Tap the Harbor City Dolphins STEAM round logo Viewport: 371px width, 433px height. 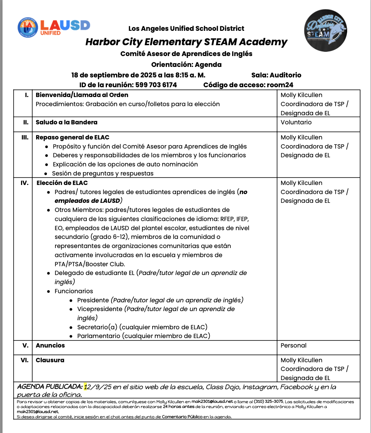point(325,30)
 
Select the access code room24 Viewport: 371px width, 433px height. point(280,85)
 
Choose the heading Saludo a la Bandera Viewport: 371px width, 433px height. point(67,122)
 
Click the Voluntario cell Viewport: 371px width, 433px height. point(296,122)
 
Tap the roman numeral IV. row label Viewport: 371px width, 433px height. point(25,183)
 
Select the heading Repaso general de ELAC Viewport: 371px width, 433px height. point(73,137)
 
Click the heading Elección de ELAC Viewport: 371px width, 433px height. point(62,183)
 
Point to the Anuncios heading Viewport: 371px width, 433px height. point(50,345)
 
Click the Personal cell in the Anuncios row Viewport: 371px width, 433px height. point(294,345)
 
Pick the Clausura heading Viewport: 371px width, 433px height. point(50,360)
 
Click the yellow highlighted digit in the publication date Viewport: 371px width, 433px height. point(86,387)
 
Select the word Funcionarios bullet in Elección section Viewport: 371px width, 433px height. point(74,291)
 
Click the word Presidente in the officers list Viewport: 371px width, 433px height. point(93,300)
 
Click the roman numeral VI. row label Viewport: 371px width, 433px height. point(25,360)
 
